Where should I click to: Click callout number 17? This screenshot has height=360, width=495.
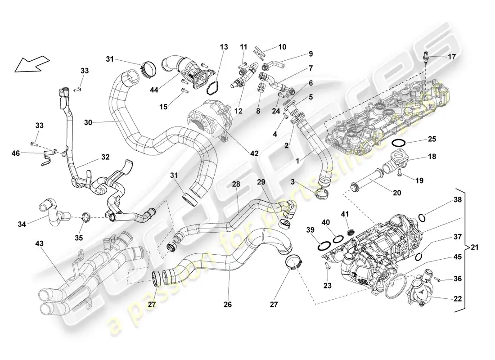(451, 57)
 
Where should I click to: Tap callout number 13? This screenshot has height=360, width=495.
(224, 47)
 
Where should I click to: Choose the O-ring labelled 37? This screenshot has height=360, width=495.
(418, 256)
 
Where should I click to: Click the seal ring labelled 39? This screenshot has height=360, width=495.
(323, 246)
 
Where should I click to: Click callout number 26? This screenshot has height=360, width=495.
(228, 305)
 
